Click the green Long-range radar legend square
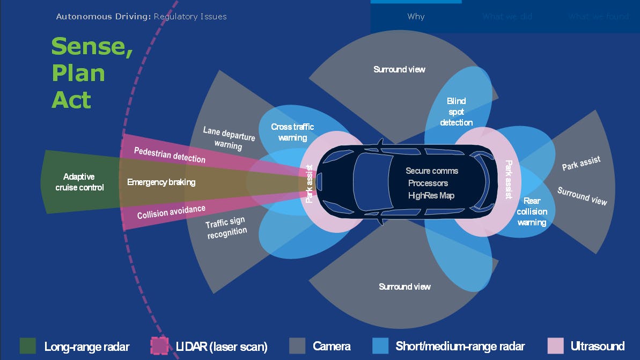click(x=28, y=346)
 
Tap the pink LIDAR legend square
click(x=160, y=346)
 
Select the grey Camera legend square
click(x=297, y=346)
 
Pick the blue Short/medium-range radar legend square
click(x=380, y=346)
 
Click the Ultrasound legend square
click(x=555, y=346)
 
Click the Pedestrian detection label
click(x=170, y=155)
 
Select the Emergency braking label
click(x=161, y=182)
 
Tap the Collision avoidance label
click(x=171, y=212)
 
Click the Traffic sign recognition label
click(x=226, y=227)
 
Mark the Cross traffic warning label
click(x=292, y=132)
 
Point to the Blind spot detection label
click(x=456, y=112)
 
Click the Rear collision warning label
click(x=532, y=211)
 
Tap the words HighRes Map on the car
click(x=431, y=195)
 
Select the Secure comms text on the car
click(x=432, y=171)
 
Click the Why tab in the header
click(x=416, y=17)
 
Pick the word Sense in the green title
click(x=92, y=47)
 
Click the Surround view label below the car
click(x=404, y=286)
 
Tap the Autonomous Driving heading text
click(x=104, y=17)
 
